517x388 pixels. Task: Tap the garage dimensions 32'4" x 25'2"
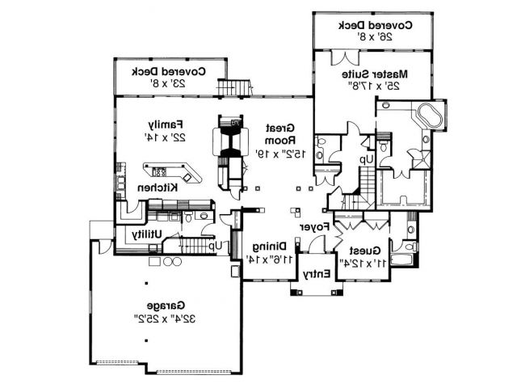coord(164,318)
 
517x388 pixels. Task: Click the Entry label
coord(316,275)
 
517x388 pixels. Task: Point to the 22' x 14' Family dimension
coord(162,137)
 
